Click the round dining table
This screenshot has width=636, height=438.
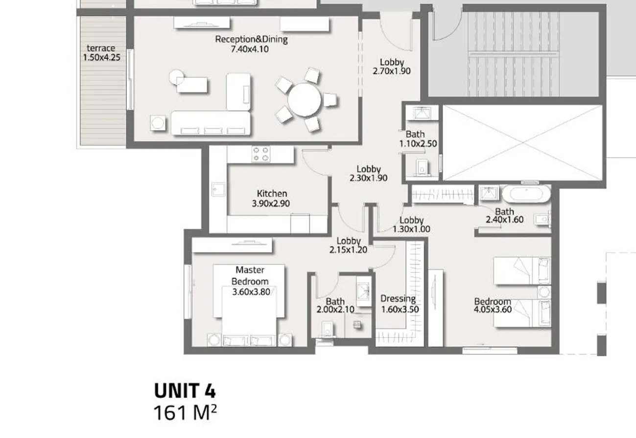(304, 99)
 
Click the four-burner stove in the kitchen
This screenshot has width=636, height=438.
(260, 154)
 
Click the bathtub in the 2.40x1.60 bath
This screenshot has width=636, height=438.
(526, 194)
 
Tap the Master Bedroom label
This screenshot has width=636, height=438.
(250, 275)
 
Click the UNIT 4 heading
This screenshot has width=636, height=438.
(185, 391)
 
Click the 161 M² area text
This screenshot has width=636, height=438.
(185, 414)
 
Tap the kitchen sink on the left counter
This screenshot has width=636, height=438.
(217, 189)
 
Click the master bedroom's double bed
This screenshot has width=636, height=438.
(250, 314)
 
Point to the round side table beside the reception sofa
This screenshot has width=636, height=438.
(158, 123)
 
